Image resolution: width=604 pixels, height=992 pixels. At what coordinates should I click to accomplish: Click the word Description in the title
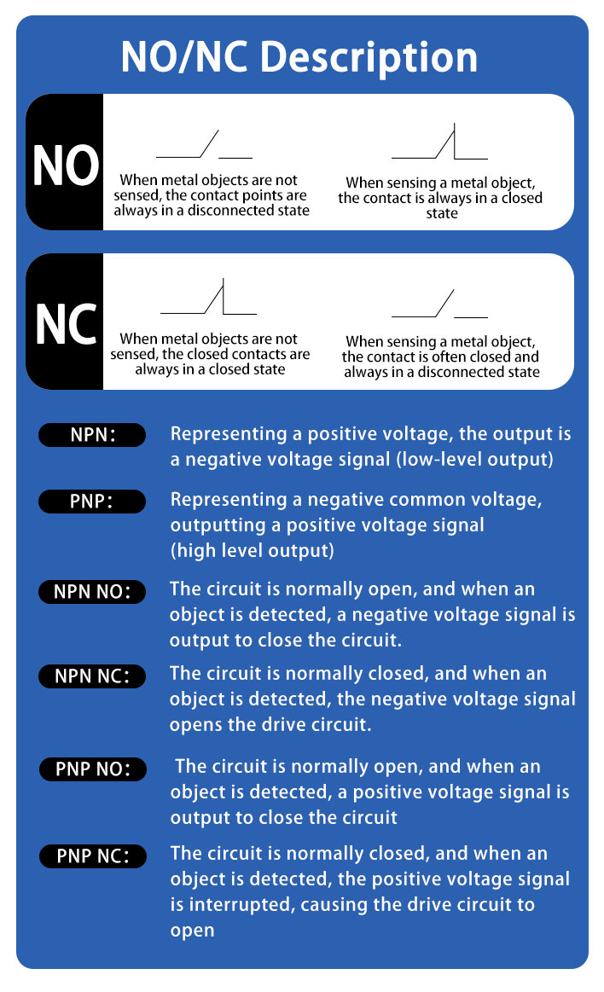click(369, 58)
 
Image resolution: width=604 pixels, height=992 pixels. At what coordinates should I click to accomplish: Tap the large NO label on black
click(66, 165)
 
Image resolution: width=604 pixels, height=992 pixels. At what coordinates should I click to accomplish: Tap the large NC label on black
click(66, 324)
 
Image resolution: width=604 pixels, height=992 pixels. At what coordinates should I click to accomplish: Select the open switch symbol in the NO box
click(204, 144)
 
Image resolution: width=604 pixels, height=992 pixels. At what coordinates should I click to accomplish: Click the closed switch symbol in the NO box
click(439, 141)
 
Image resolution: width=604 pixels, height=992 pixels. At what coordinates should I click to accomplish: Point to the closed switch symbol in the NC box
click(208, 297)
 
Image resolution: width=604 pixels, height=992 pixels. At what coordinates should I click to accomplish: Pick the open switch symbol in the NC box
click(439, 303)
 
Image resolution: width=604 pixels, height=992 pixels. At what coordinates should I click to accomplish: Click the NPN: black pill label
click(92, 435)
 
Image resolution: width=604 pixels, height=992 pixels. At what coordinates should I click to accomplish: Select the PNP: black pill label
click(92, 501)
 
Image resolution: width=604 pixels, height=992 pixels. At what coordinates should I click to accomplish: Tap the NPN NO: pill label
click(92, 591)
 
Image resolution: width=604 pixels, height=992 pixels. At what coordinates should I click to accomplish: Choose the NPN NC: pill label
click(92, 676)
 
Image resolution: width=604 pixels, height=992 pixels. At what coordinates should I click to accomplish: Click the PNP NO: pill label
click(93, 769)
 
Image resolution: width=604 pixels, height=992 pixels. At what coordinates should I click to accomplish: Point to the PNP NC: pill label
click(93, 856)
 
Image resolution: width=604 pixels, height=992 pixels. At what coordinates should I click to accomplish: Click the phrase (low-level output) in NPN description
click(474, 459)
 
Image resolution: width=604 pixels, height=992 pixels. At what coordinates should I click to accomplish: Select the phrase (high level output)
click(252, 550)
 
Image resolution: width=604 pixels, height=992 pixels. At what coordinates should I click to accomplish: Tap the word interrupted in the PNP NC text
click(242, 905)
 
